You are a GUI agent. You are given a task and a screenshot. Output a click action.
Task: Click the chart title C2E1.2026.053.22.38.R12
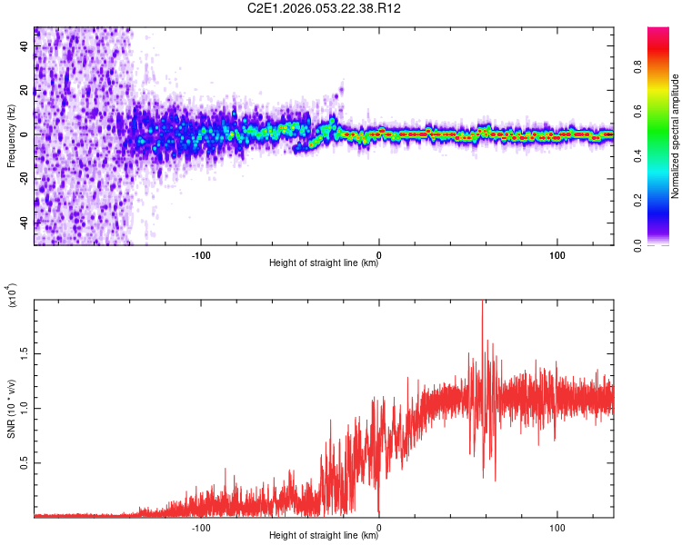325,9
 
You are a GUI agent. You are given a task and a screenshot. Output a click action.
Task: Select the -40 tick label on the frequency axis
25,223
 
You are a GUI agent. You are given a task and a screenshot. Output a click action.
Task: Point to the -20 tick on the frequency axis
25,178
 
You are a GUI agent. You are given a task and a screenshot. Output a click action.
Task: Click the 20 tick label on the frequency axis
25,90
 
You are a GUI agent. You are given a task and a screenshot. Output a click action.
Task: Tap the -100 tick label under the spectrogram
201,254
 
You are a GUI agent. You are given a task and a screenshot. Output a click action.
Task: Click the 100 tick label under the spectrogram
557,254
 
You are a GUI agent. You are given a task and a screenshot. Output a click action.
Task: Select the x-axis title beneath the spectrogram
324,263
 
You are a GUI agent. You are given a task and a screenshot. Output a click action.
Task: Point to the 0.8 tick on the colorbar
663,65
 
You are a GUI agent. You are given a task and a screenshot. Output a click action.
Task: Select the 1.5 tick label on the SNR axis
25,352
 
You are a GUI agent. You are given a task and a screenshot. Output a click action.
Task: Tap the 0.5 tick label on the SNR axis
25,462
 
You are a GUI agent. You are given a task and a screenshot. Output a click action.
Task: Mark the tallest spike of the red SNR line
482,302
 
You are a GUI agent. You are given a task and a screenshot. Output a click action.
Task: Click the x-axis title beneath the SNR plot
324,536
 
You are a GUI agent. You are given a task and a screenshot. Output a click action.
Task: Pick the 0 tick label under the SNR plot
378,527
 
